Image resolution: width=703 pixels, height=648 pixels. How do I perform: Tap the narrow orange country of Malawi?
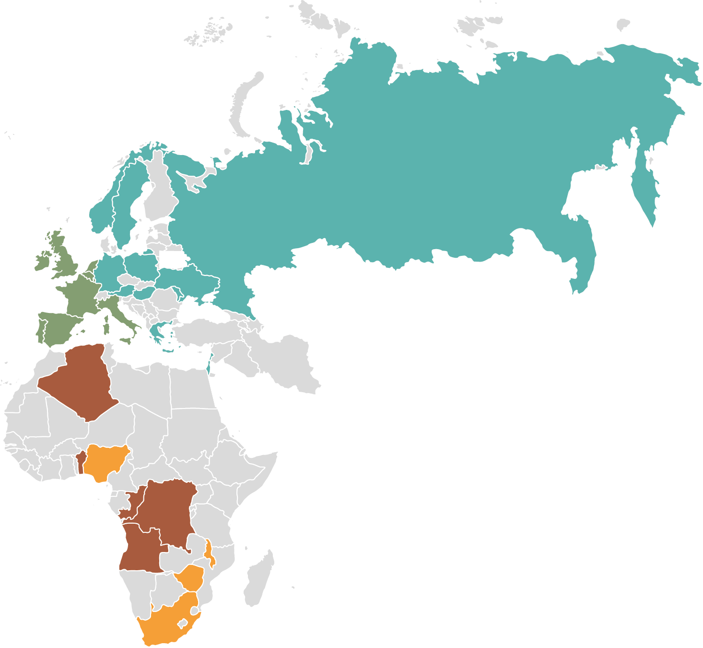coord(209,552)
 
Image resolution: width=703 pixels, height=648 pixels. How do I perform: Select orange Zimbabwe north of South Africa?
coord(192,578)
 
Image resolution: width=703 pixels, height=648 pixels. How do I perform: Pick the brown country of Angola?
coord(141,547)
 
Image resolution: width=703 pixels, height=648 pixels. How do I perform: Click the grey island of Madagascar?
coord(259,578)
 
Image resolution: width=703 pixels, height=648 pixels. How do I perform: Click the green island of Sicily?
coord(126,341)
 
